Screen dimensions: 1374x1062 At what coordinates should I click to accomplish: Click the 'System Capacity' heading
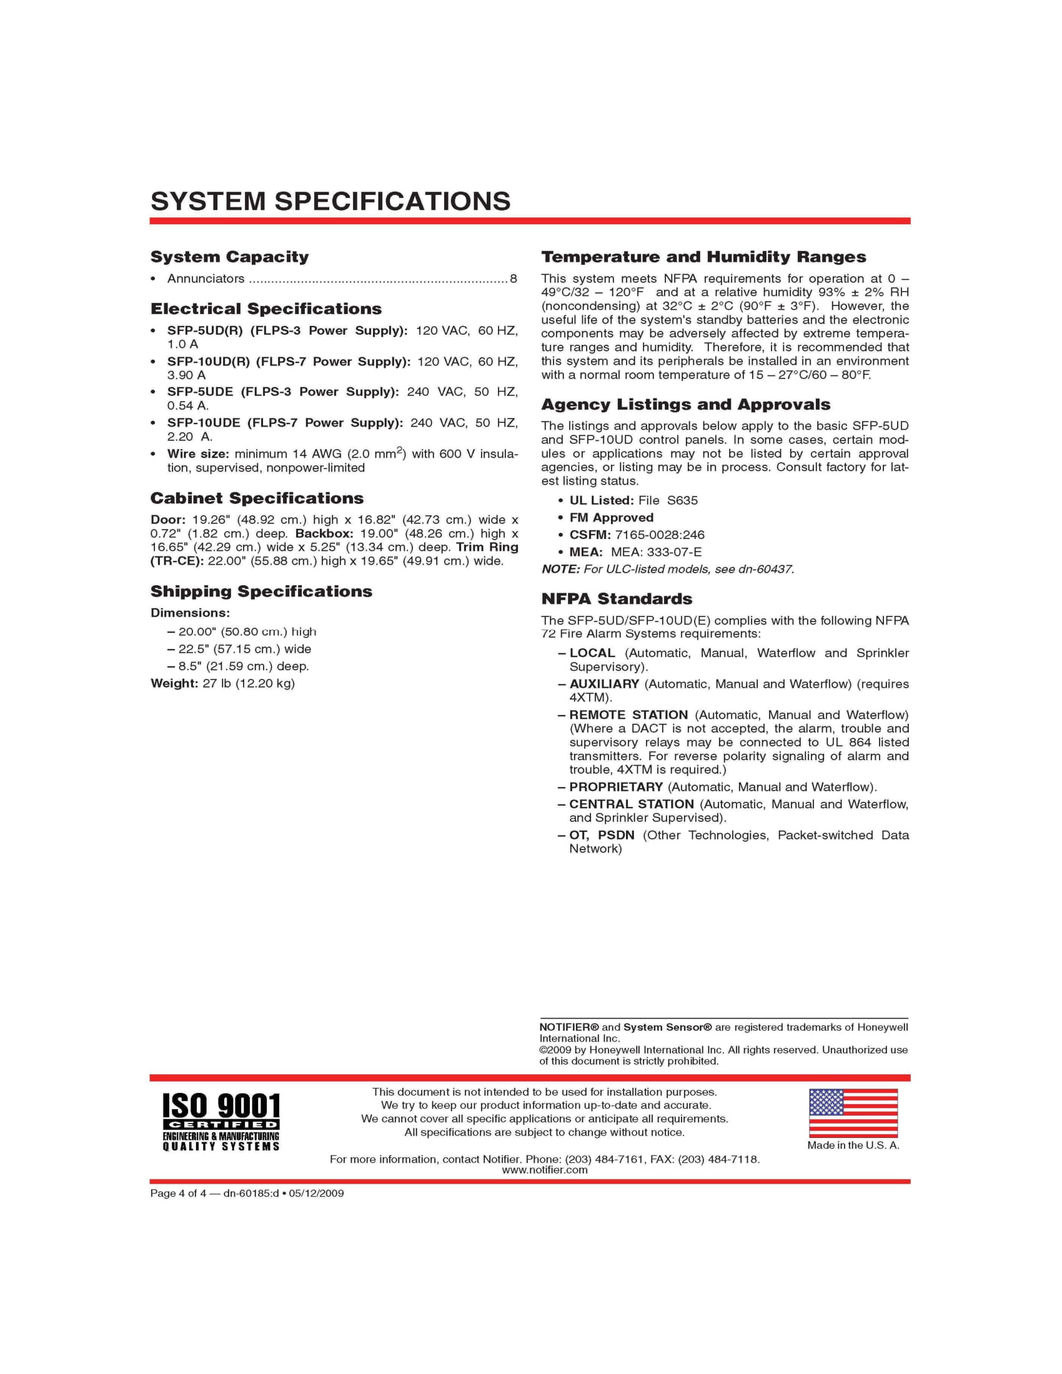click(230, 257)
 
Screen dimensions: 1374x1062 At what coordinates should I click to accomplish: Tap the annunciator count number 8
click(514, 279)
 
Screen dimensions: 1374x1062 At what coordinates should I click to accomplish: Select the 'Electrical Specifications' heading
click(265, 309)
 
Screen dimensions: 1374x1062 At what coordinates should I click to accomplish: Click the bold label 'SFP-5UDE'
click(200, 392)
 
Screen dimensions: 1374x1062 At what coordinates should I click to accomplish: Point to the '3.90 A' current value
click(186, 375)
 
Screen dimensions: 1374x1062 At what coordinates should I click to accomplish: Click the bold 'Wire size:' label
click(198, 454)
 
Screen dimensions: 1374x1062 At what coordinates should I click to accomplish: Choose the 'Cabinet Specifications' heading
click(257, 498)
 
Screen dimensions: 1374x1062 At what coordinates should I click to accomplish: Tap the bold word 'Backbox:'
click(324, 533)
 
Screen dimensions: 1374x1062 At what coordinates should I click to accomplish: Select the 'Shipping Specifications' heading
click(261, 591)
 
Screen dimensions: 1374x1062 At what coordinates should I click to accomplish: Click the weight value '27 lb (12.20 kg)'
click(249, 683)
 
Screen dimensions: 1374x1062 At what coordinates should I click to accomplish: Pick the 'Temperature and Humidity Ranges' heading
click(703, 257)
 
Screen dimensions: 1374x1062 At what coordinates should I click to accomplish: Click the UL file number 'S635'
click(682, 500)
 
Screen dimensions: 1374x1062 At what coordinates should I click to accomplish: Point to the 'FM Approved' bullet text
click(611, 518)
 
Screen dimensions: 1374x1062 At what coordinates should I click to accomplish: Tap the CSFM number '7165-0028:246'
click(659, 535)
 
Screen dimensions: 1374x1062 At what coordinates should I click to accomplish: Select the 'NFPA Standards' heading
click(617, 599)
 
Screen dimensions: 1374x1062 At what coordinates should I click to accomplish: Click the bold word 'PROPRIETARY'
click(616, 787)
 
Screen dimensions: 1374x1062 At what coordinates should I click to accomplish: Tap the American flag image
click(853, 1113)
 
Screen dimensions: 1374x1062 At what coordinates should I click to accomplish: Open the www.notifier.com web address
click(544, 1170)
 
